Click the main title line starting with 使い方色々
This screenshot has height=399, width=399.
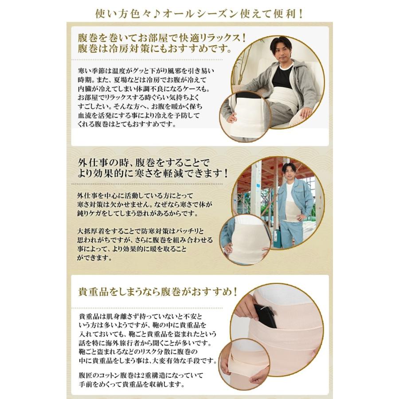(x=199, y=13)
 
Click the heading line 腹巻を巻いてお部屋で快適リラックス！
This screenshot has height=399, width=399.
(x=162, y=38)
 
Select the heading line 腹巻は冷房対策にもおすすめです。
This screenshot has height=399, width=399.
(x=155, y=48)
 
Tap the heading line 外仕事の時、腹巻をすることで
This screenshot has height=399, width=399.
(x=144, y=162)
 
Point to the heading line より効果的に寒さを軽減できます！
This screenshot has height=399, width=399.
(x=153, y=173)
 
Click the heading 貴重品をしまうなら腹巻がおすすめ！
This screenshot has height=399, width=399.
(x=158, y=292)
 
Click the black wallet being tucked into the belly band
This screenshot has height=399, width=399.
(x=265, y=315)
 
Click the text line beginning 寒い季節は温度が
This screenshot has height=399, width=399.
(x=146, y=71)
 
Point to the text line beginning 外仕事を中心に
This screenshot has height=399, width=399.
(x=135, y=196)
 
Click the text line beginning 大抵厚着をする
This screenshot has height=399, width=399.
(x=141, y=231)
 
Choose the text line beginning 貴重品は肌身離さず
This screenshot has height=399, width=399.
(x=141, y=317)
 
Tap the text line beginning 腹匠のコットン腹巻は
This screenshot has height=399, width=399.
(x=141, y=376)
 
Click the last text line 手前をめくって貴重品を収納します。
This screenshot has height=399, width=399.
(x=132, y=384)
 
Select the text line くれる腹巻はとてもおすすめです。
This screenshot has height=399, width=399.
(x=127, y=125)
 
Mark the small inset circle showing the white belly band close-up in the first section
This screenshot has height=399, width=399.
(x=245, y=117)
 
